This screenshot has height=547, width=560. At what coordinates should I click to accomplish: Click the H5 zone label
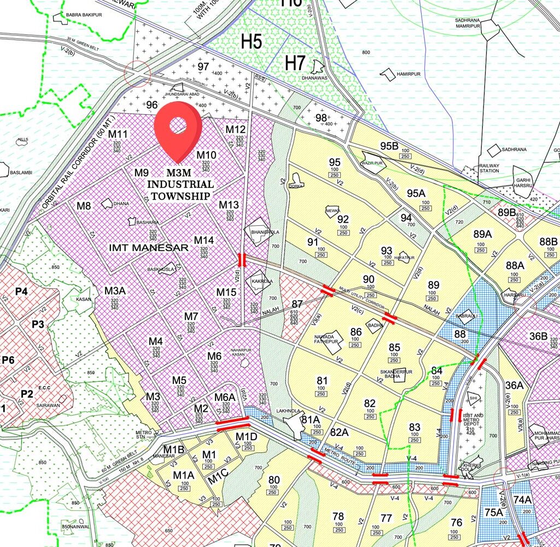(252, 41)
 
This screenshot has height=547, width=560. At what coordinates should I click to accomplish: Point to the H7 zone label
(295, 63)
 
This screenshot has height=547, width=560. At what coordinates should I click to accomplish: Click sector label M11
(118, 134)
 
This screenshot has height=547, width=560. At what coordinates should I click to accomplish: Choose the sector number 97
(203, 66)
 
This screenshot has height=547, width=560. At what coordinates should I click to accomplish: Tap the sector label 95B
(389, 146)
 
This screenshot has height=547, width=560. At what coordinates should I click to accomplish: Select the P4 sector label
(21, 291)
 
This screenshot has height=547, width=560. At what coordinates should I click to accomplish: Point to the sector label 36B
(538, 336)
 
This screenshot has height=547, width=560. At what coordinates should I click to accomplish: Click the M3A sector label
(115, 290)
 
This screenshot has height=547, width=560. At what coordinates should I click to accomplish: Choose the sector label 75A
(493, 512)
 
